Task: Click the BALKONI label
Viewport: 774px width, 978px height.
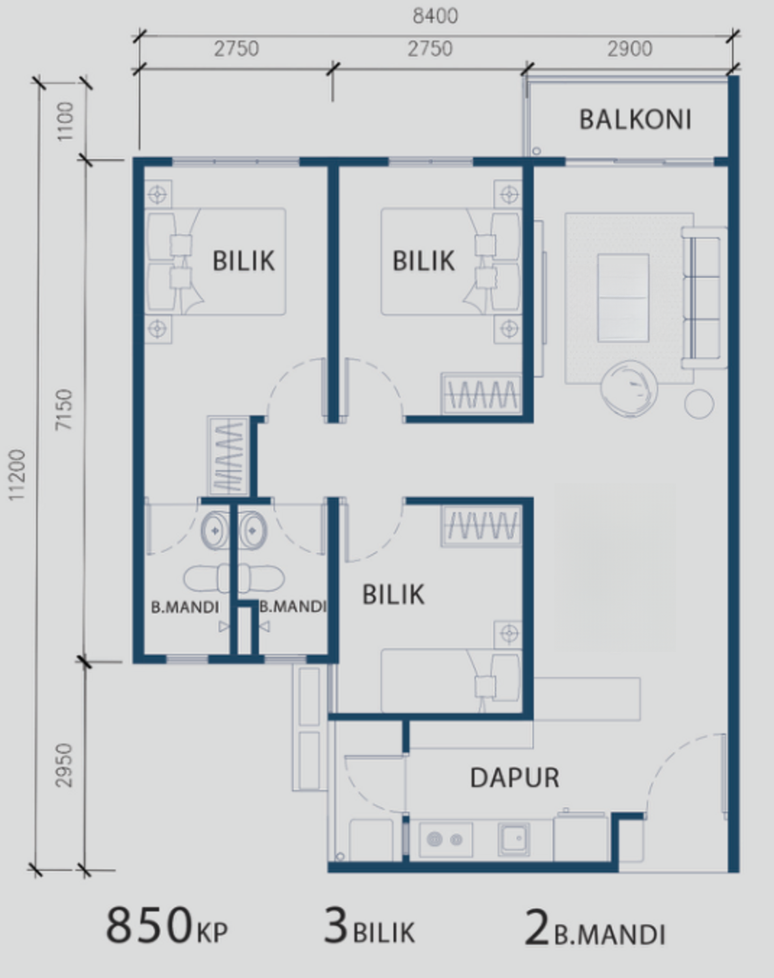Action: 635,119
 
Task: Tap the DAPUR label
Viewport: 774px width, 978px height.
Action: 514,778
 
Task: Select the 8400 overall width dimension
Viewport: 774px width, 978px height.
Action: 435,16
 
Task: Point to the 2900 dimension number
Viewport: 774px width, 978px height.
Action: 630,49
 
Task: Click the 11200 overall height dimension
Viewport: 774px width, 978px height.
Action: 17,475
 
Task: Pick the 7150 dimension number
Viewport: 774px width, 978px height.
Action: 64,409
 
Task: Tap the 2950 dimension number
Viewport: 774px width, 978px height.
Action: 64,765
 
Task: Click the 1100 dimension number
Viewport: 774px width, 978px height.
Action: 65,121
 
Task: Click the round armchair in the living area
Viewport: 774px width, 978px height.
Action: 629,389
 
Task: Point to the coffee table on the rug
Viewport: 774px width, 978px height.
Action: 623,298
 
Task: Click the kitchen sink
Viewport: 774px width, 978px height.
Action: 514,839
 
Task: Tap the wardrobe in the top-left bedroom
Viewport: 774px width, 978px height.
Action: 228,456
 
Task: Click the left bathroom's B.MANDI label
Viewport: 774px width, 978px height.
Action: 185,608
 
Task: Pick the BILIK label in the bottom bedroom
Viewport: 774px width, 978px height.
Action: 394,595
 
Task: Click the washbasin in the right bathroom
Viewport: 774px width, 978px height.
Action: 253,530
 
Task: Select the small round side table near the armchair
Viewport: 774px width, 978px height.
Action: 699,404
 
